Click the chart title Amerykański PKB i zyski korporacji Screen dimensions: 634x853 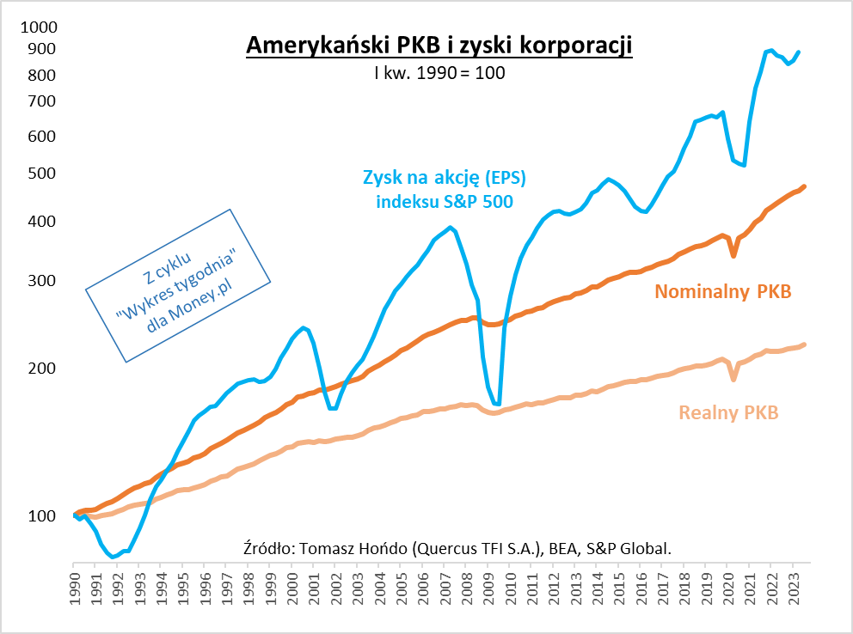click(x=439, y=46)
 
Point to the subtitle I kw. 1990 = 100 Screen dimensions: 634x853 click(x=439, y=73)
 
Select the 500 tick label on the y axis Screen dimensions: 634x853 click(x=40, y=174)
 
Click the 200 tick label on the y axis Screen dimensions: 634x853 click(x=40, y=369)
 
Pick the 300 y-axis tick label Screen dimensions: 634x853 click(x=40, y=282)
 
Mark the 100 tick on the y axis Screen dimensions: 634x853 click(x=40, y=516)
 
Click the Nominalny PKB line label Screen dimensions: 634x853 click(x=722, y=291)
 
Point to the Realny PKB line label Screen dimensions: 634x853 click(x=728, y=412)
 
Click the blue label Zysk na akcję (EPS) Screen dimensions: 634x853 click(x=444, y=179)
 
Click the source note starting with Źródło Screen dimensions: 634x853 click(x=458, y=548)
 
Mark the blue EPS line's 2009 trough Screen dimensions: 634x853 click(x=497, y=404)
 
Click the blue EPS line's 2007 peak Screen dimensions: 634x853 click(x=451, y=228)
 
